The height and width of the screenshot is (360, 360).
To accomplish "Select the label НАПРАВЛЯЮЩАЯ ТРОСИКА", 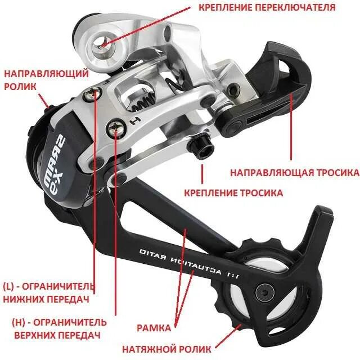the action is point(295,172).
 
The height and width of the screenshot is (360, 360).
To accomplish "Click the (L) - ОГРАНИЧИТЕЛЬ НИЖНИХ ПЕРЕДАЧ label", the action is point(47,292).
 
